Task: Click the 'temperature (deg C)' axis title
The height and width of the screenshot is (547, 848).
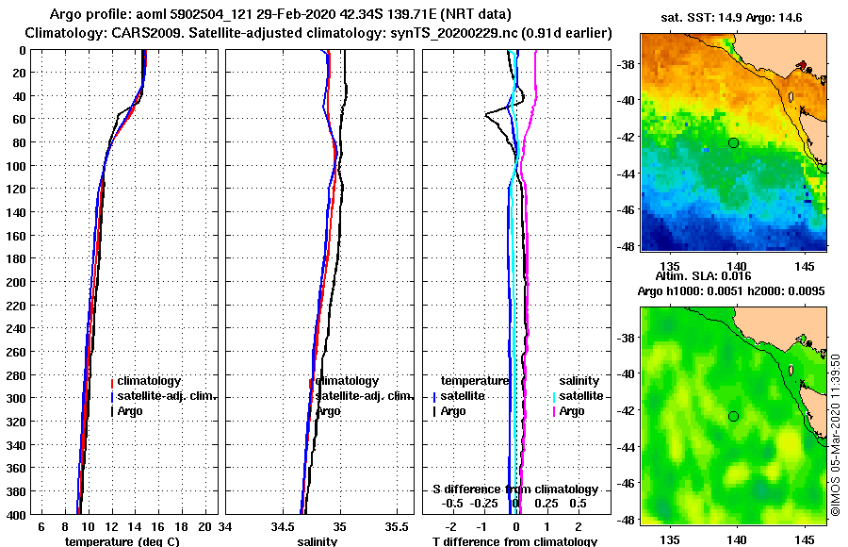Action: tap(122, 541)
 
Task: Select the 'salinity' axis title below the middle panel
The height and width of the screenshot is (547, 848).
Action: tap(317, 541)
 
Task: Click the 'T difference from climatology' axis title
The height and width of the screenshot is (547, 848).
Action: tap(514, 541)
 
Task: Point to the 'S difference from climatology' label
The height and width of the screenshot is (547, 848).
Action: tap(514, 489)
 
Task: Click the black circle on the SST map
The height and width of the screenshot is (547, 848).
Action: tap(733, 142)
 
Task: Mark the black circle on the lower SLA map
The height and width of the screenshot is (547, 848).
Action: tap(733, 416)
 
